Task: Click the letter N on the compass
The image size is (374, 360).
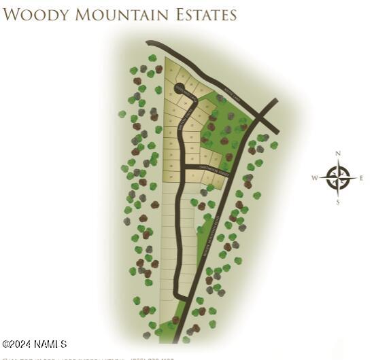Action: [338, 154]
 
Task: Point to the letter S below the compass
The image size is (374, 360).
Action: [338, 202]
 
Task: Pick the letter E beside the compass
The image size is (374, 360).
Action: [362, 178]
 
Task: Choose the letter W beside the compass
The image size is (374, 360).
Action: [315, 178]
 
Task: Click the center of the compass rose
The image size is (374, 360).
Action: [338, 178]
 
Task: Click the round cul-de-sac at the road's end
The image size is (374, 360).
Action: [180, 88]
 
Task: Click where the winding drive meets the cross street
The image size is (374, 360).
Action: [182, 168]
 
